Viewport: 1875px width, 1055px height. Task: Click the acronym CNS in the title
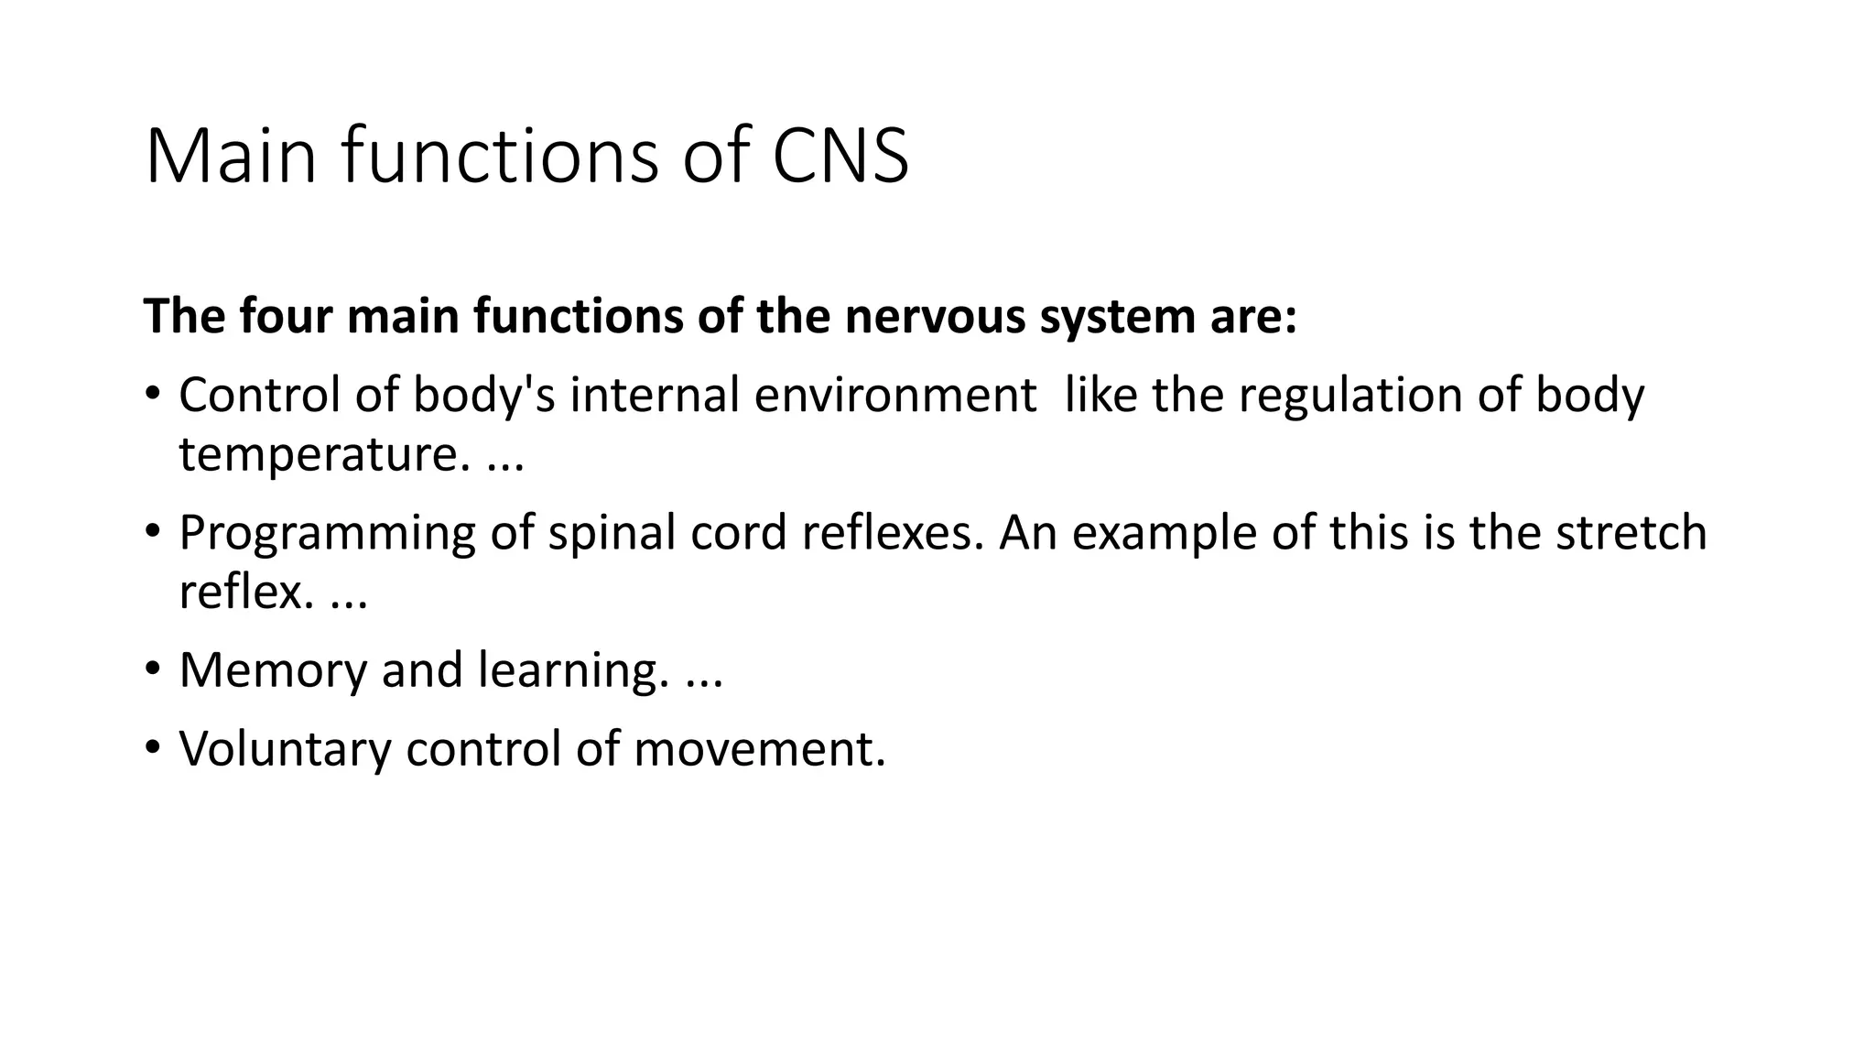pyautogui.click(x=840, y=156)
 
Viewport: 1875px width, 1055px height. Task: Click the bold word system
pyautogui.click(x=1110, y=318)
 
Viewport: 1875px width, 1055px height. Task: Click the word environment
pyautogui.click(x=895, y=395)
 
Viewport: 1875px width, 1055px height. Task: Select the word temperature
pyautogui.click(x=317, y=454)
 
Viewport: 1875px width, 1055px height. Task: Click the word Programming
pyautogui.click(x=327, y=534)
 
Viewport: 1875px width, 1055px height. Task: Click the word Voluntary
pyautogui.click(x=285, y=749)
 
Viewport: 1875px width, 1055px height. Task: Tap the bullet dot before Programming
pyautogui.click(x=152, y=531)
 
